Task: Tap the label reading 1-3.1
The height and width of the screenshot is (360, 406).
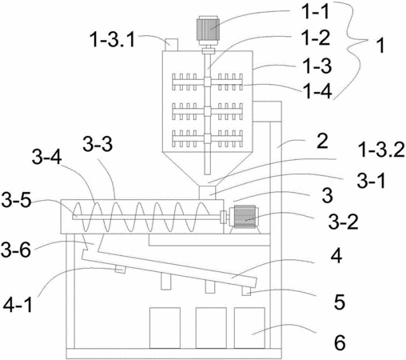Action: pyautogui.click(x=113, y=39)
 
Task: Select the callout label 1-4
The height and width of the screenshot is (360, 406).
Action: pyautogui.click(x=318, y=91)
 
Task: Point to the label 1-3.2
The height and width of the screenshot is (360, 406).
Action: pyautogui.click(x=381, y=150)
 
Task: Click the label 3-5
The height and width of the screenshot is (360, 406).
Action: pyautogui.click(x=16, y=201)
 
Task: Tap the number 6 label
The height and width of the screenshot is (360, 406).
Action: pyautogui.click(x=340, y=342)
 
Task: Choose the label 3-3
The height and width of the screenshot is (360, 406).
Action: pyautogui.click(x=98, y=144)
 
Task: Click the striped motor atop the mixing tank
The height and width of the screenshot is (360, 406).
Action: pyautogui.click(x=208, y=30)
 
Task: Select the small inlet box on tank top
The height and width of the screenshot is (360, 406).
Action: pyautogui.click(x=171, y=45)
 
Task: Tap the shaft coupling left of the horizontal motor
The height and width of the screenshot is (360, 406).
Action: pyautogui.click(x=224, y=217)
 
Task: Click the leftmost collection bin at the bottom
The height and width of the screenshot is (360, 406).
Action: pyautogui.click(x=165, y=328)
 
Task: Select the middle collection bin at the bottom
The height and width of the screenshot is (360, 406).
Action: pyautogui.click(x=211, y=328)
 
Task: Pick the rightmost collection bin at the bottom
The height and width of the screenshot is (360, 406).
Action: pyautogui.click(x=249, y=328)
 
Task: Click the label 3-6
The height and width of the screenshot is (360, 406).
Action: pyautogui.click(x=16, y=249)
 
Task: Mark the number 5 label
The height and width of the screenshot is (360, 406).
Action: pyautogui.click(x=340, y=302)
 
